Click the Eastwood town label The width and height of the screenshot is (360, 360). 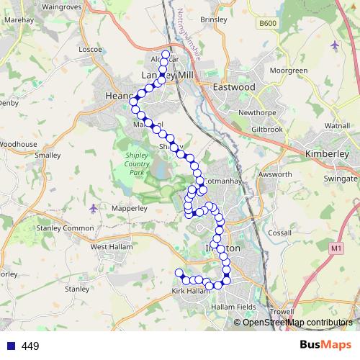pos(234,86)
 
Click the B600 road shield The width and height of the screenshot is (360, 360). pos(268,44)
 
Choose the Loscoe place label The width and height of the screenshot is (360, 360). pos(90,49)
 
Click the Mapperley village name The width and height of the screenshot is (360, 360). pos(109,208)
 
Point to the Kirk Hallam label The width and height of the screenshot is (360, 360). pos(189,291)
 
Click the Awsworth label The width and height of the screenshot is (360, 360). pos(274,174)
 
